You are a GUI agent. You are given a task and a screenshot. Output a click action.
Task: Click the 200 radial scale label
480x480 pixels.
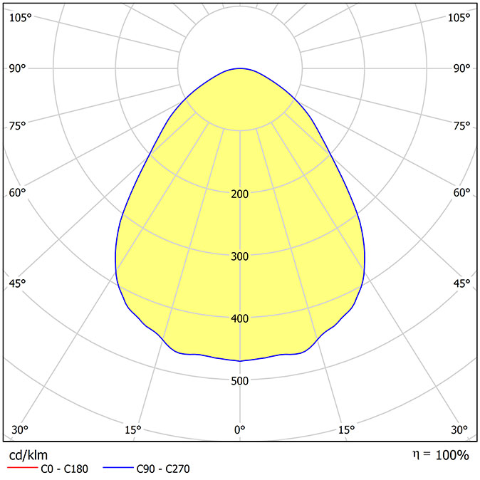click(x=240, y=194)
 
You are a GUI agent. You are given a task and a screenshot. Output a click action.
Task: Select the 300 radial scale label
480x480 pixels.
click(x=240, y=256)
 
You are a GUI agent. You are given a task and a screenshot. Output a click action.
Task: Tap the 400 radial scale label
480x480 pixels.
click(x=240, y=318)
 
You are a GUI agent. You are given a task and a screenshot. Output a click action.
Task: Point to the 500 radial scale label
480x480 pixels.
click(x=240, y=381)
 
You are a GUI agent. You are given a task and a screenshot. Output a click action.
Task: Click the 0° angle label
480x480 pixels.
click(x=240, y=430)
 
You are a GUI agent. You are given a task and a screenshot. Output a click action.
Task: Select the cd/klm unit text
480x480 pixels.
click(x=28, y=456)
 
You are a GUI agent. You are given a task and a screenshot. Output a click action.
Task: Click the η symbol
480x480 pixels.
click(x=415, y=455)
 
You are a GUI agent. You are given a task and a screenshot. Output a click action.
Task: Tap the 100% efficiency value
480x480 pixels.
click(x=452, y=455)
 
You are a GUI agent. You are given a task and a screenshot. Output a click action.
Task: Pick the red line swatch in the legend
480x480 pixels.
click(x=22, y=467)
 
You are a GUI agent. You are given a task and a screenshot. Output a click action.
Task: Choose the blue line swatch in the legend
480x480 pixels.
click(x=118, y=467)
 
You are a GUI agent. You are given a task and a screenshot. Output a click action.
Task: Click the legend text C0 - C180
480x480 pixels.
click(x=64, y=469)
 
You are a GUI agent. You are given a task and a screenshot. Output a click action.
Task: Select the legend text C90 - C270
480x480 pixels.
click(x=163, y=469)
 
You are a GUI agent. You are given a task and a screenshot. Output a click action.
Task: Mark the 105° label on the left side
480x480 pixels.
click(x=21, y=18)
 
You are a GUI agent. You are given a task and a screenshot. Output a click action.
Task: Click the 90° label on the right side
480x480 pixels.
click(x=461, y=68)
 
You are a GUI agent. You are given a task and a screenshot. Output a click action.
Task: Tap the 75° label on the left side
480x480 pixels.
click(x=17, y=125)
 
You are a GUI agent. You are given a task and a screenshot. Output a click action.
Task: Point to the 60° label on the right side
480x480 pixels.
click(x=461, y=192)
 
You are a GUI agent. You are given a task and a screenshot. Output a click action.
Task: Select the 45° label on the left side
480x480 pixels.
click(x=17, y=283)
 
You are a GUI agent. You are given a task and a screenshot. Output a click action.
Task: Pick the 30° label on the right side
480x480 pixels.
click(x=459, y=430)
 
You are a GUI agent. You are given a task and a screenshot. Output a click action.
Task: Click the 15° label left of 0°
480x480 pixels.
click(x=133, y=430)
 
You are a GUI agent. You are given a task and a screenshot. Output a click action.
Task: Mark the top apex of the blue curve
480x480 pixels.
click(x=240, y=68)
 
